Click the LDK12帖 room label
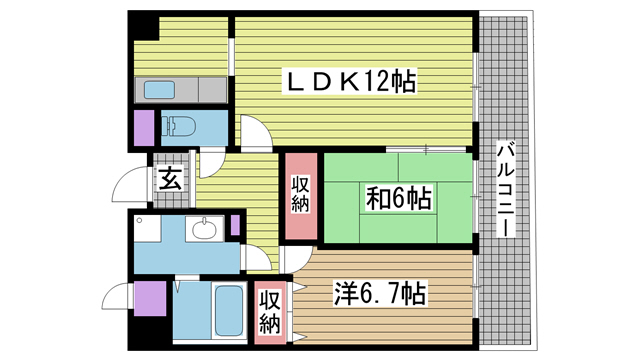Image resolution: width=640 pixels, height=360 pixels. [x=351, y=82]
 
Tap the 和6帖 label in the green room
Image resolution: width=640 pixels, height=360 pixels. [x=398, y=198]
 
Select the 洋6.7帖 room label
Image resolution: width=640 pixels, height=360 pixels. [x=380, y=293]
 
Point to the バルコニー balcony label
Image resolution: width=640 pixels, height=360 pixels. [x=506, y=189]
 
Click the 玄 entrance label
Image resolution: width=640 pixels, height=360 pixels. [x=171, y=179]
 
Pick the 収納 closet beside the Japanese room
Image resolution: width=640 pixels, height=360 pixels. [x=301, y=195]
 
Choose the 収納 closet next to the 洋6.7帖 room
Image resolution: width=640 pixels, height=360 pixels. [x=270, y=312]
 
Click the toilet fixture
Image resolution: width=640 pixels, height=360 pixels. [x=178, y=126]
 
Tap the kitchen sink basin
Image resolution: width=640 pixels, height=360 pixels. [x=159, y=90]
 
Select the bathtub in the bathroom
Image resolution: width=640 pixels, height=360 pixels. [x=229, y=311]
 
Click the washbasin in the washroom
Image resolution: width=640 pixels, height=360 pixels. [x=204, y=229]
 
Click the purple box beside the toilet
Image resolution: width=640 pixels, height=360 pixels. [x=144, y=128]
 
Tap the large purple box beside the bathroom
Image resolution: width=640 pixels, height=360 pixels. [x=150, y=298]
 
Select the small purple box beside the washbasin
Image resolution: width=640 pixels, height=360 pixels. [x=235, y=225]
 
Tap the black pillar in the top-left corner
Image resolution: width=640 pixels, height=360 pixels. [x=143, y=25]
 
